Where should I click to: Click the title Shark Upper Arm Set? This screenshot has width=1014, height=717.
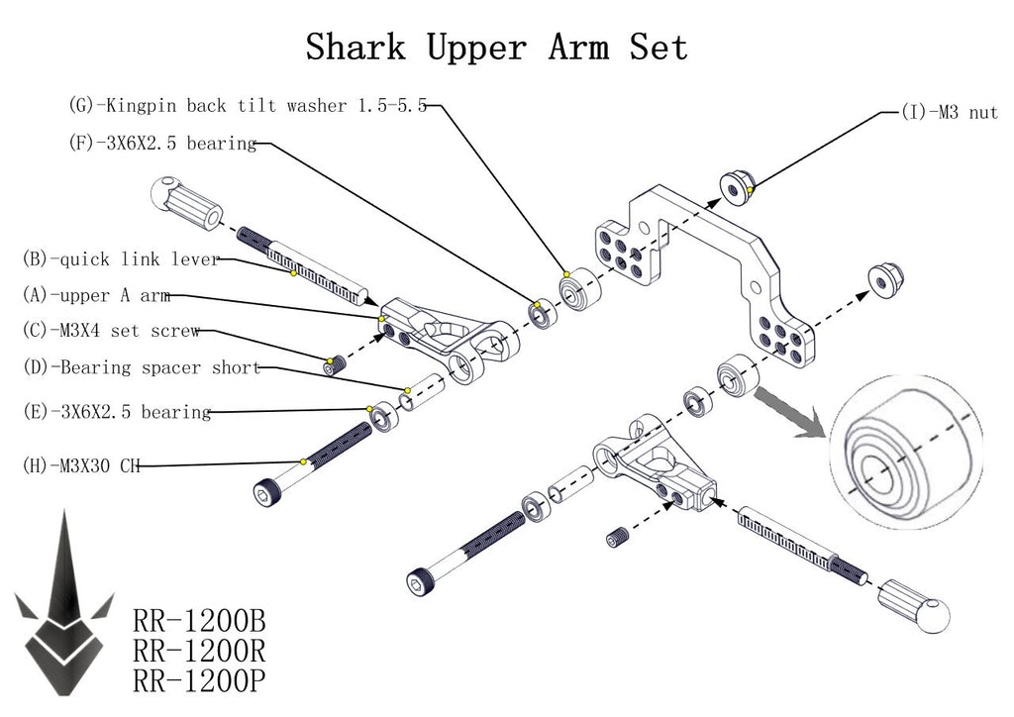click(x=496, y=47)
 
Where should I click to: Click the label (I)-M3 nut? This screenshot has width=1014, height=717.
click(x=949, y=113)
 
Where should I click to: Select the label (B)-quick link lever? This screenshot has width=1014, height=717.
click(x=120, y=260)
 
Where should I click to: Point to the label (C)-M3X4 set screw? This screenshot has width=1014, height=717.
click(x=111, y=331)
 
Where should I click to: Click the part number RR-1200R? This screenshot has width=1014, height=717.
click(x=198, y=652)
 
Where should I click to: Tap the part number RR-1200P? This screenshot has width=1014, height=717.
click(x=198, y=680)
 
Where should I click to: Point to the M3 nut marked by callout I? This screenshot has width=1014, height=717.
click(x=735, y=186)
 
